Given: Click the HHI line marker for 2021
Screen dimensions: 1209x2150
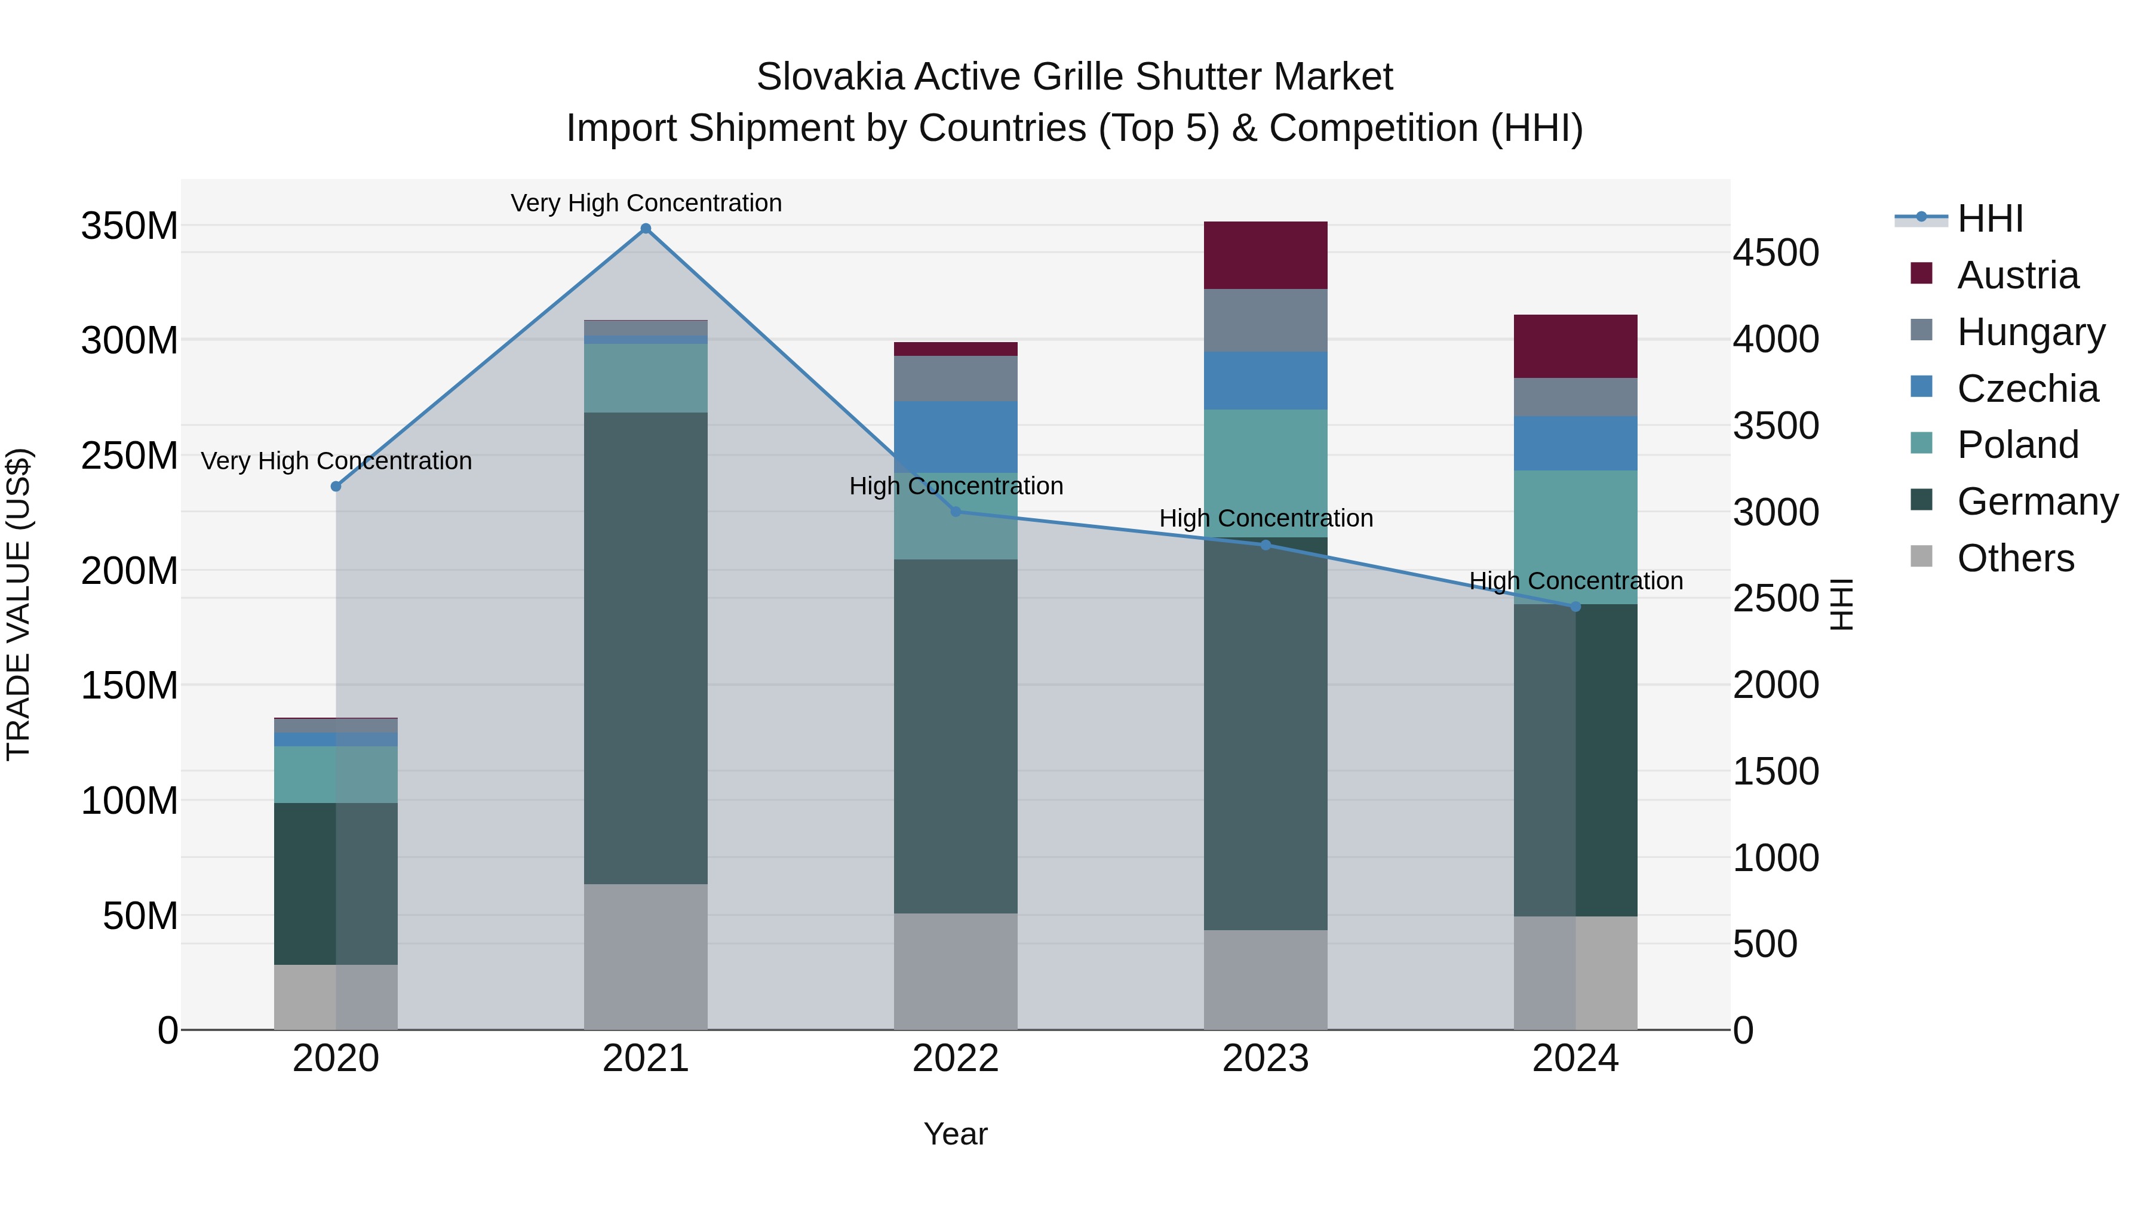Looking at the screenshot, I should [x=645, y=228].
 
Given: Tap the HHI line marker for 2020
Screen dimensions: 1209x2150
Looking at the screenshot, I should [x=336, y=487].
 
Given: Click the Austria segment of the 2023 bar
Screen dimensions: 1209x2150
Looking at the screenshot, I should [x=1266, y=256].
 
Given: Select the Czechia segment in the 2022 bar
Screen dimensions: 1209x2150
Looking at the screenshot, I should [x=956, y=437].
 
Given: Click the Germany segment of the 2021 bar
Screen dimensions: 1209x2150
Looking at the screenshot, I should [x=645, y=648].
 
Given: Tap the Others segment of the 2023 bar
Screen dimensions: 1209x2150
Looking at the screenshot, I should [x=1266, y=980].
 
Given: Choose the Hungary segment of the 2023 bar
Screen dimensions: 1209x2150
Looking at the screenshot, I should [x=1266, y=321].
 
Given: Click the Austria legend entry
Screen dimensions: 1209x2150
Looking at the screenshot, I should [x=2018, y=275].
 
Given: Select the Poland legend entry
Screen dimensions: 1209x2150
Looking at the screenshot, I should [x=2018, y=445].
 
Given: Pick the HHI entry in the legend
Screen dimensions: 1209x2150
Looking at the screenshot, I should [x=1991, y=219].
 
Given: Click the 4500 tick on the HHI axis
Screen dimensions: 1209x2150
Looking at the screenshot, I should [x=1776, y=253].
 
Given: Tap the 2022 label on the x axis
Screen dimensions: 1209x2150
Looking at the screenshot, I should [x=956, y=1059].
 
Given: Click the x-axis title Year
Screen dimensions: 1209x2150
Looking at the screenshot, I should [x=956, y=1134].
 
